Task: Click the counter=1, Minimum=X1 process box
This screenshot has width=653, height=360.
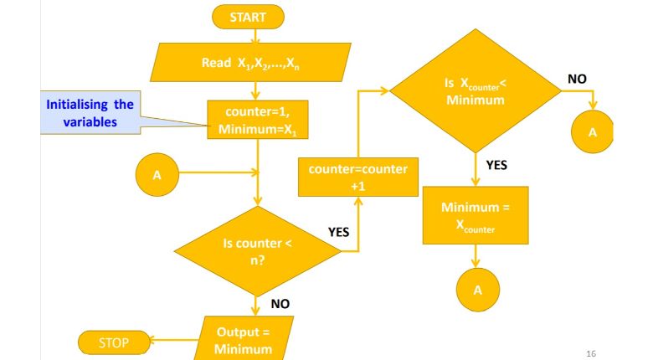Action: (x=259, y=123)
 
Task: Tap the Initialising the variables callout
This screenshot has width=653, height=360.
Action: (x=90, y=114)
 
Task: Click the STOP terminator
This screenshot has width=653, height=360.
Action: (x=116, y=341)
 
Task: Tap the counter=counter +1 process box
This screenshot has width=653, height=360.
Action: (x=357, y=177)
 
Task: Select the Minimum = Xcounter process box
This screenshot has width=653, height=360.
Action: (x=476, y=214)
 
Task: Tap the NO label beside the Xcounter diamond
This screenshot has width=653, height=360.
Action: (x=577, y=79)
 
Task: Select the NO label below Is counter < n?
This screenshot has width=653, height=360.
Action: (x=280, y=304)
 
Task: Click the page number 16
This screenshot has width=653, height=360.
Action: (x=591, y=353)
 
